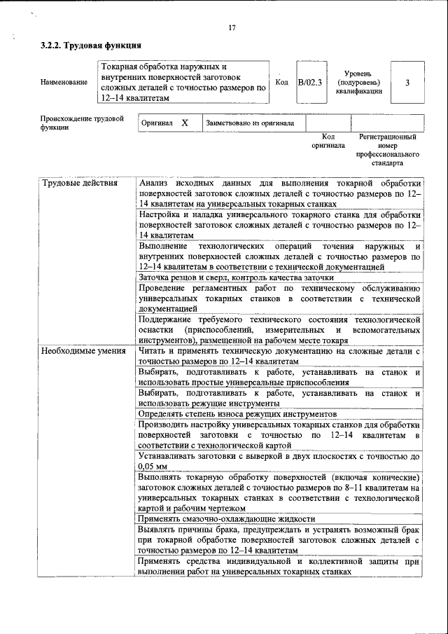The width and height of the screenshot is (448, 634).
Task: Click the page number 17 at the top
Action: pos(232,28)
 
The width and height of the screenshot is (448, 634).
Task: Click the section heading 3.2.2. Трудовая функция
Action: pos(86,46)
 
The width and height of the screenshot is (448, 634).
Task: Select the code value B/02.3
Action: pos(309,82)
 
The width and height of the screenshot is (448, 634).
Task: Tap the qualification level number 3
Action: pos(407,82)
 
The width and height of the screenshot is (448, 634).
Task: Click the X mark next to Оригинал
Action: pos(185,123)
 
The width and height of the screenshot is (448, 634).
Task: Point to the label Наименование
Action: pos(64,83)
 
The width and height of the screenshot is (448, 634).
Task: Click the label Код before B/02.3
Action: pos(281,82)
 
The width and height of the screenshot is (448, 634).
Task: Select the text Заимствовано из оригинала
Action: pos(250,123)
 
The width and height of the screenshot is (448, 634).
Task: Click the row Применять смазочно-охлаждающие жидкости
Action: pos(227,519)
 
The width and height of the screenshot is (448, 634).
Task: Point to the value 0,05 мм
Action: pos(153,466)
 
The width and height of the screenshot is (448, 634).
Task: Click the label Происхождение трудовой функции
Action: pos(81,123)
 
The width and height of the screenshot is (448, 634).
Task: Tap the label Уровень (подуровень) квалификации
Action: pos(358,82)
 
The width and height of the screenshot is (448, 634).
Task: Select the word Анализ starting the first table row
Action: pos(153,184)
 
